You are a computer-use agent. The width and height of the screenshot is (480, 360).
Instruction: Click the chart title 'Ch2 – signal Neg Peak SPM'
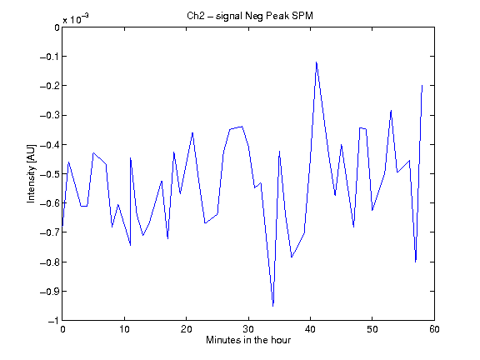(250, 16)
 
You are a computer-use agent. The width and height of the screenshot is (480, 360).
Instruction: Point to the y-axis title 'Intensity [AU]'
(31, 173)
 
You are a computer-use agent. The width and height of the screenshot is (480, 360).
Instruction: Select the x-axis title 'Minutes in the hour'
(248, 340)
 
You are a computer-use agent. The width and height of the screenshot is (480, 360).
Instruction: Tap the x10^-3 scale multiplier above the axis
(76, 19)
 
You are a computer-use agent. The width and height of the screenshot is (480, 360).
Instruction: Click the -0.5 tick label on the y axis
(50, 174)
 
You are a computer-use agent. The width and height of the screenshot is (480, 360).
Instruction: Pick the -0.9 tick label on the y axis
(50, 291)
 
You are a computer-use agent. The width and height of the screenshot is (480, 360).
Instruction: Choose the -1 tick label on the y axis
(54, 321)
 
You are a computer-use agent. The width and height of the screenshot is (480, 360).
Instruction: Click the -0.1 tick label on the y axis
(50, 57)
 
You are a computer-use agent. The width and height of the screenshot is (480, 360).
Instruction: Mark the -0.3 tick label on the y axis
(50, 115)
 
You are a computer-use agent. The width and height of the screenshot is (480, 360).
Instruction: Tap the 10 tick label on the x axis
(124, 329)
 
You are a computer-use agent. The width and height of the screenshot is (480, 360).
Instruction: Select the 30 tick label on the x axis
(248, 329)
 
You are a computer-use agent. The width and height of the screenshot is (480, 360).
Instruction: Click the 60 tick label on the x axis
(434, 329)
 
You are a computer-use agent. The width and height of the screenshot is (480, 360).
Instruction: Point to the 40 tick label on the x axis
(310, 329)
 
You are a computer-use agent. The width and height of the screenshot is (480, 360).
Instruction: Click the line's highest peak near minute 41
(317, 62)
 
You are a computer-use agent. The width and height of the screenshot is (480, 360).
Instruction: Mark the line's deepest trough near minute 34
(273, 306)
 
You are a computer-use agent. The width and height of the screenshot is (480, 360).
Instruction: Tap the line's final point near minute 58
(422, 85)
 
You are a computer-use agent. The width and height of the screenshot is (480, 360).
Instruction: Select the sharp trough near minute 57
(415, 262)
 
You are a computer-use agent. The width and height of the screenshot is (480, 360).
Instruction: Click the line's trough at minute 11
(130, 245)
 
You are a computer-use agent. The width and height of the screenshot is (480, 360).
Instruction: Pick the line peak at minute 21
(192, 132)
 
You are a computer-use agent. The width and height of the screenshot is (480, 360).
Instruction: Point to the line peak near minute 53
(391, 111)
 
